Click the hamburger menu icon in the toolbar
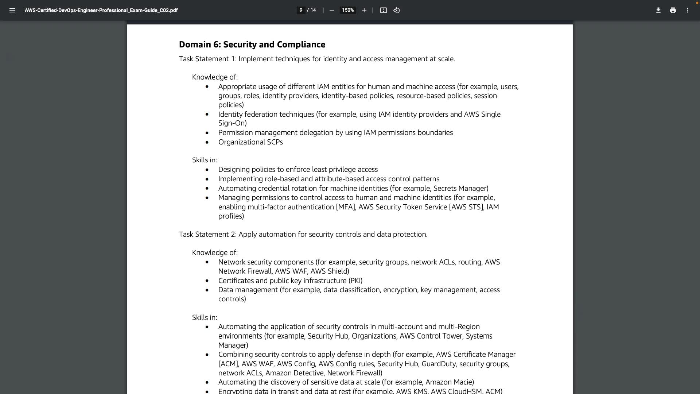[12, 10]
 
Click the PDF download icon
[658, 10]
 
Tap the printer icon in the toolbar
[673, 10]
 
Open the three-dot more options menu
[688, 10]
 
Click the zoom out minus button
[332, 10]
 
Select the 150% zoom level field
[348, 10]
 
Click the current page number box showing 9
[301, 10]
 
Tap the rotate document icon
[397, 10]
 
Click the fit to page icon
[383, 10]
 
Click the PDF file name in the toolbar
[101, 10]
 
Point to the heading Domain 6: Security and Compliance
[252, 45]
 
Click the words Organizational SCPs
[250, 142]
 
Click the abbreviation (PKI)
[355, 281]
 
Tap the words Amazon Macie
[449, 382]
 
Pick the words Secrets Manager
[460, 188]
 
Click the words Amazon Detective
[295, 373]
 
